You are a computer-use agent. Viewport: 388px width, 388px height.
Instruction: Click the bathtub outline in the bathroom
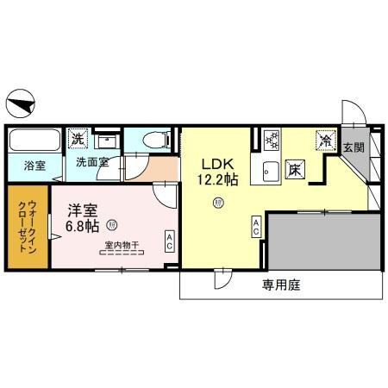point(34,139)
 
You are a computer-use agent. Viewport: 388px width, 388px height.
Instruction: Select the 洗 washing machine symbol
point(78,138)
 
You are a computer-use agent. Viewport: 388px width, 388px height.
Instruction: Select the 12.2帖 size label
point(216,180)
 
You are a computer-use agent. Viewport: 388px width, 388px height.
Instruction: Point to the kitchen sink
point(269,169)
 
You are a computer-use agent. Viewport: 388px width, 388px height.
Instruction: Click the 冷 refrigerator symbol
point(326,141)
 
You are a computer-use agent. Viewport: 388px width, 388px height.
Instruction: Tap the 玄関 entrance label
point(354,147)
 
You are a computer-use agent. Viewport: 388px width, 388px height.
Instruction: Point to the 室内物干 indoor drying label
point(122,245)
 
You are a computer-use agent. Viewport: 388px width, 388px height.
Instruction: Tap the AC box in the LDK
point(256,228)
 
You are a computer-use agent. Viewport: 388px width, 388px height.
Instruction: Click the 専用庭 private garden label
point(281,285)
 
